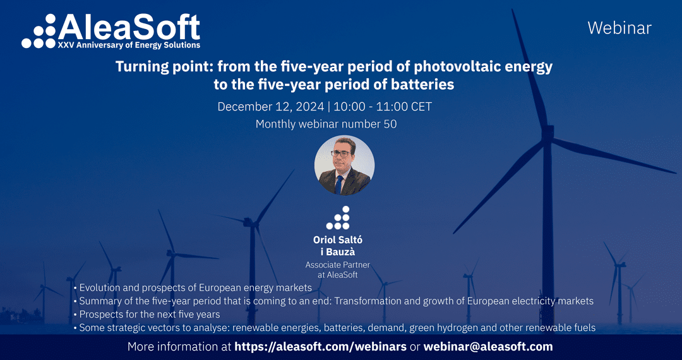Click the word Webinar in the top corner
[619, 28]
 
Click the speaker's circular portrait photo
[344, 166]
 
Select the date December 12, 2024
[270, 107]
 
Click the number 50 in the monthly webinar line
[390, 124]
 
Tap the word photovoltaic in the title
[438, 66]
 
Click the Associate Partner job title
[338, 265]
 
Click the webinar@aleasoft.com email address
[488, 347]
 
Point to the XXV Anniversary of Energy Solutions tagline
[129, 45]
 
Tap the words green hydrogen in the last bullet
[452, 328]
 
